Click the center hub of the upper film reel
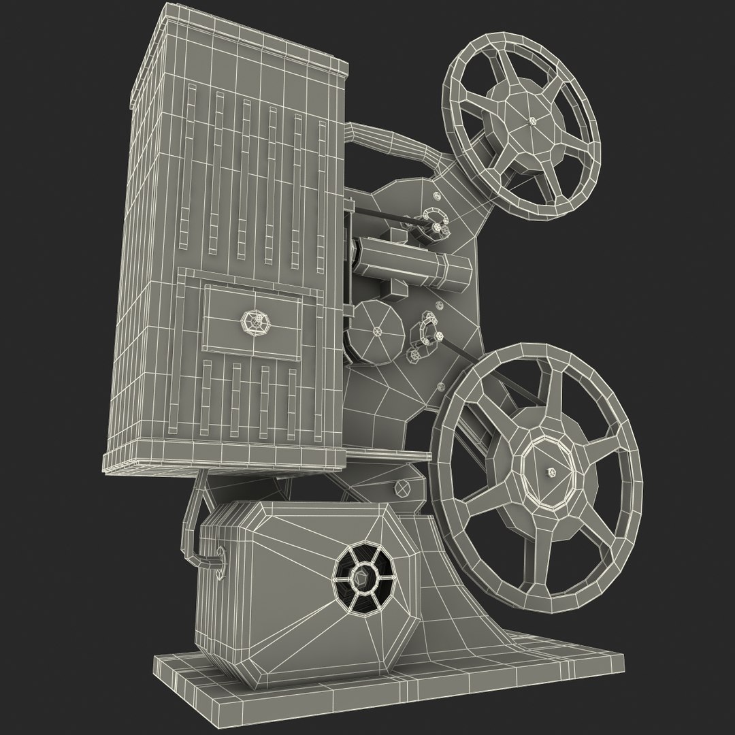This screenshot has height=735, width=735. tap(530, 120)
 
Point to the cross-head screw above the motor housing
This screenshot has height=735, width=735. tap(402, 488)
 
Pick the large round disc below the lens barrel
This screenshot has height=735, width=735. tap(378, 331)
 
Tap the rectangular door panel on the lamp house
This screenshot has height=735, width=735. tap(252, 321)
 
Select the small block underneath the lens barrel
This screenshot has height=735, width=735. tap(394, 291)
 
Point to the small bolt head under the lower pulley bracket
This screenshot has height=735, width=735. tap(414, 355)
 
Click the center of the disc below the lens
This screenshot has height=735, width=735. tap(378, 331)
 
